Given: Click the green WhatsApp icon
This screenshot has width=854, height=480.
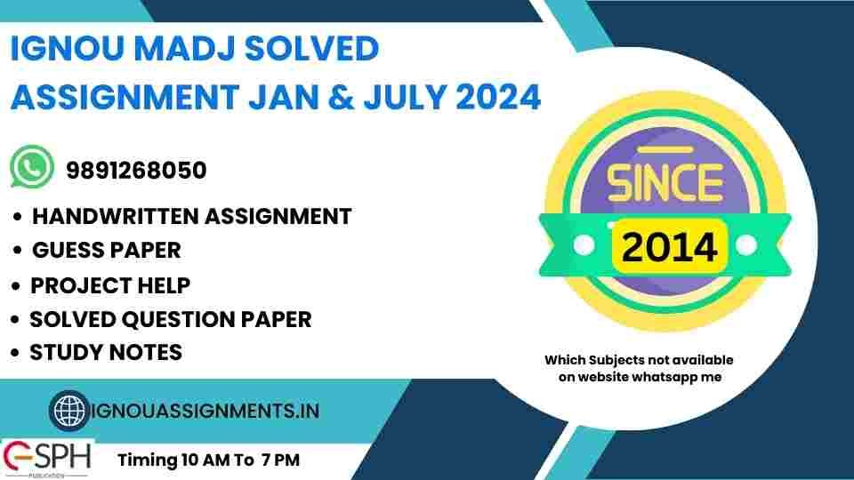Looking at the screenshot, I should [x=32, y=168].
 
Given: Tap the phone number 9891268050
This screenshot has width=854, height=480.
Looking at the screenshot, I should [x=136, y=170].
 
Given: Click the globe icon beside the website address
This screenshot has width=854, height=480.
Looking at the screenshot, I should [x=68, y=411].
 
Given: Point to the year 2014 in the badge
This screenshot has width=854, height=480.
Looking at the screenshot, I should [x=670, y=245].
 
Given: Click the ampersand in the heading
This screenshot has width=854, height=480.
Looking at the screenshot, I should [x=350, y=98].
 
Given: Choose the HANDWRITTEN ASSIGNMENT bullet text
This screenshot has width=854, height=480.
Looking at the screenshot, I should [x=191, y=216].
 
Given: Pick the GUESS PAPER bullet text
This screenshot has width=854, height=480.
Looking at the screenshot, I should [x=106, y=251].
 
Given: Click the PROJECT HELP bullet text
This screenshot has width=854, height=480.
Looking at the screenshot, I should [x=110, y=286].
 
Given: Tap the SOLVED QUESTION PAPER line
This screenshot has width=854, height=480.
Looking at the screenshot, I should [x=171, y=319].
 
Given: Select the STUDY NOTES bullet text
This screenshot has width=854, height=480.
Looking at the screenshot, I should [x=106, y=352].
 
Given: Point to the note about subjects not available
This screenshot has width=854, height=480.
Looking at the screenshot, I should [x=639, y=368].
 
